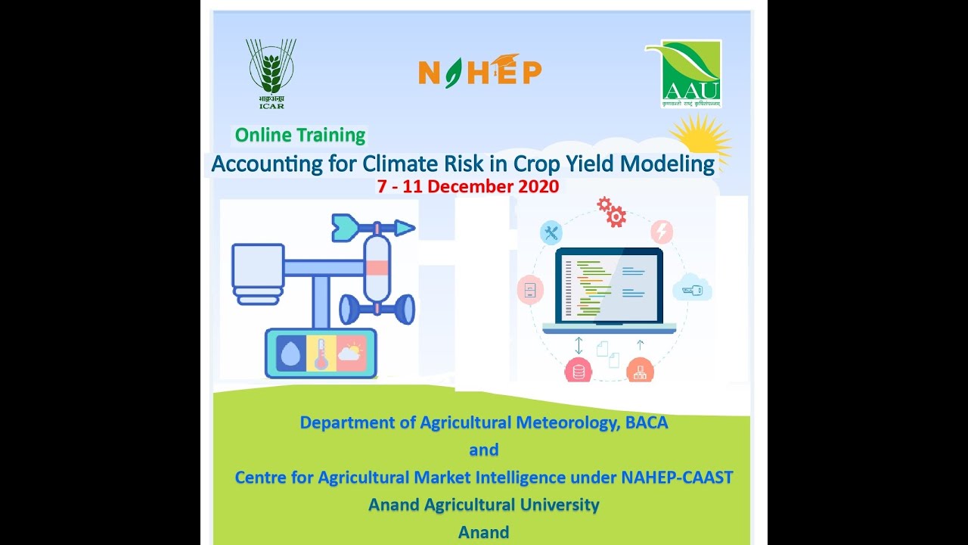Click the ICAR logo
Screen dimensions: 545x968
tap(271, 73)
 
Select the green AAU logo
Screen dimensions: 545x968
tap(684, 73)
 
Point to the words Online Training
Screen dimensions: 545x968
tap(300, 135)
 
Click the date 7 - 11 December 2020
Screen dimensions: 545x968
tap(468, 186)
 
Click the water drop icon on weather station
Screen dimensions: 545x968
tap(291, 353)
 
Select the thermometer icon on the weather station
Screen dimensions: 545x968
tap(321, 353)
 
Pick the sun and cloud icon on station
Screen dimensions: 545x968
tap(351, 353)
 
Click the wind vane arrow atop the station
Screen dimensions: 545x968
tap(373, 226)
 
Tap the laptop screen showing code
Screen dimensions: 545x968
tap(609, 287)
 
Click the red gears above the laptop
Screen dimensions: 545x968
tap(612, 212)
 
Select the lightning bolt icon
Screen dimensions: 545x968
tap(662, 232)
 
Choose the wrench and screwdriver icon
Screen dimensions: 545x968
tap(551, 232)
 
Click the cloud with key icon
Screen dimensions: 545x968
tap(692, 291)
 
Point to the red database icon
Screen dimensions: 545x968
tap(579, 372)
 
